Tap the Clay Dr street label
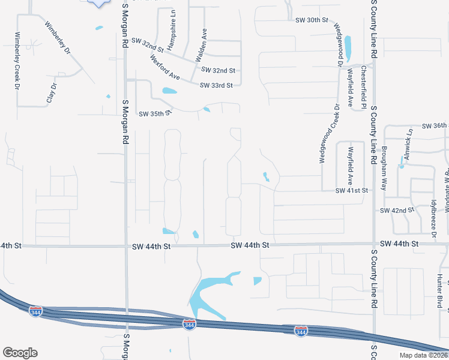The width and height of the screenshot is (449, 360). click(52, 94)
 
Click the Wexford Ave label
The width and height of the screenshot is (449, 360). click(165, 68)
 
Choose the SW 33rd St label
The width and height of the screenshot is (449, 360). click(216, 85)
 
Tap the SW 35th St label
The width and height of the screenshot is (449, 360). click(155, 113)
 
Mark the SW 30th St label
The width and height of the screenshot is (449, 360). click(312, 20)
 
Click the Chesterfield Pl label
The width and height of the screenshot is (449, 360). click(363, 87)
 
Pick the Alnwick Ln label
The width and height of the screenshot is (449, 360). click(408, 144)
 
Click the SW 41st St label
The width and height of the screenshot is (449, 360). click(351, 190)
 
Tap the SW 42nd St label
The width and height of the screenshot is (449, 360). click(397, 211)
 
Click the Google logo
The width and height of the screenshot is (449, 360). click(20, 353)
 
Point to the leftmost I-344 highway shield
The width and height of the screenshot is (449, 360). click(36, 311)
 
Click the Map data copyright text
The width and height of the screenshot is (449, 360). click(423, 355)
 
